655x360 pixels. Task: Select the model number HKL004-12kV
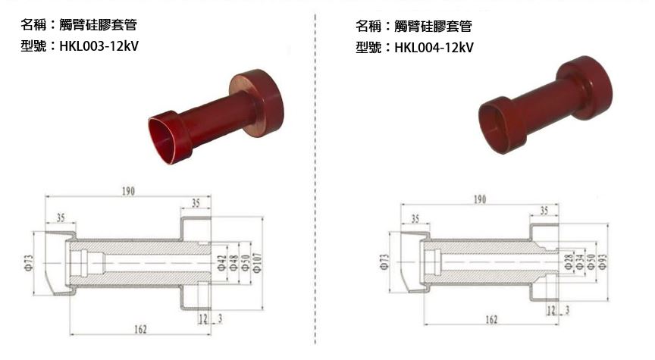pos(434,48)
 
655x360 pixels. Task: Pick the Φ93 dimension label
pos(604,264)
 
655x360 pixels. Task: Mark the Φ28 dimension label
pos(569,262)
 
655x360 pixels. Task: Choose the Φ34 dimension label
pos(580,262)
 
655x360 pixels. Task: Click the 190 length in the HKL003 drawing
pos(129,191)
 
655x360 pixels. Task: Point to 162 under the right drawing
pos(491,321)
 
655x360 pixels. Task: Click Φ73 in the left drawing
pos(28,262)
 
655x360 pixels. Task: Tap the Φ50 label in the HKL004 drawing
pos(591,262)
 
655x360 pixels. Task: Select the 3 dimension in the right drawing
pos(568,311)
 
